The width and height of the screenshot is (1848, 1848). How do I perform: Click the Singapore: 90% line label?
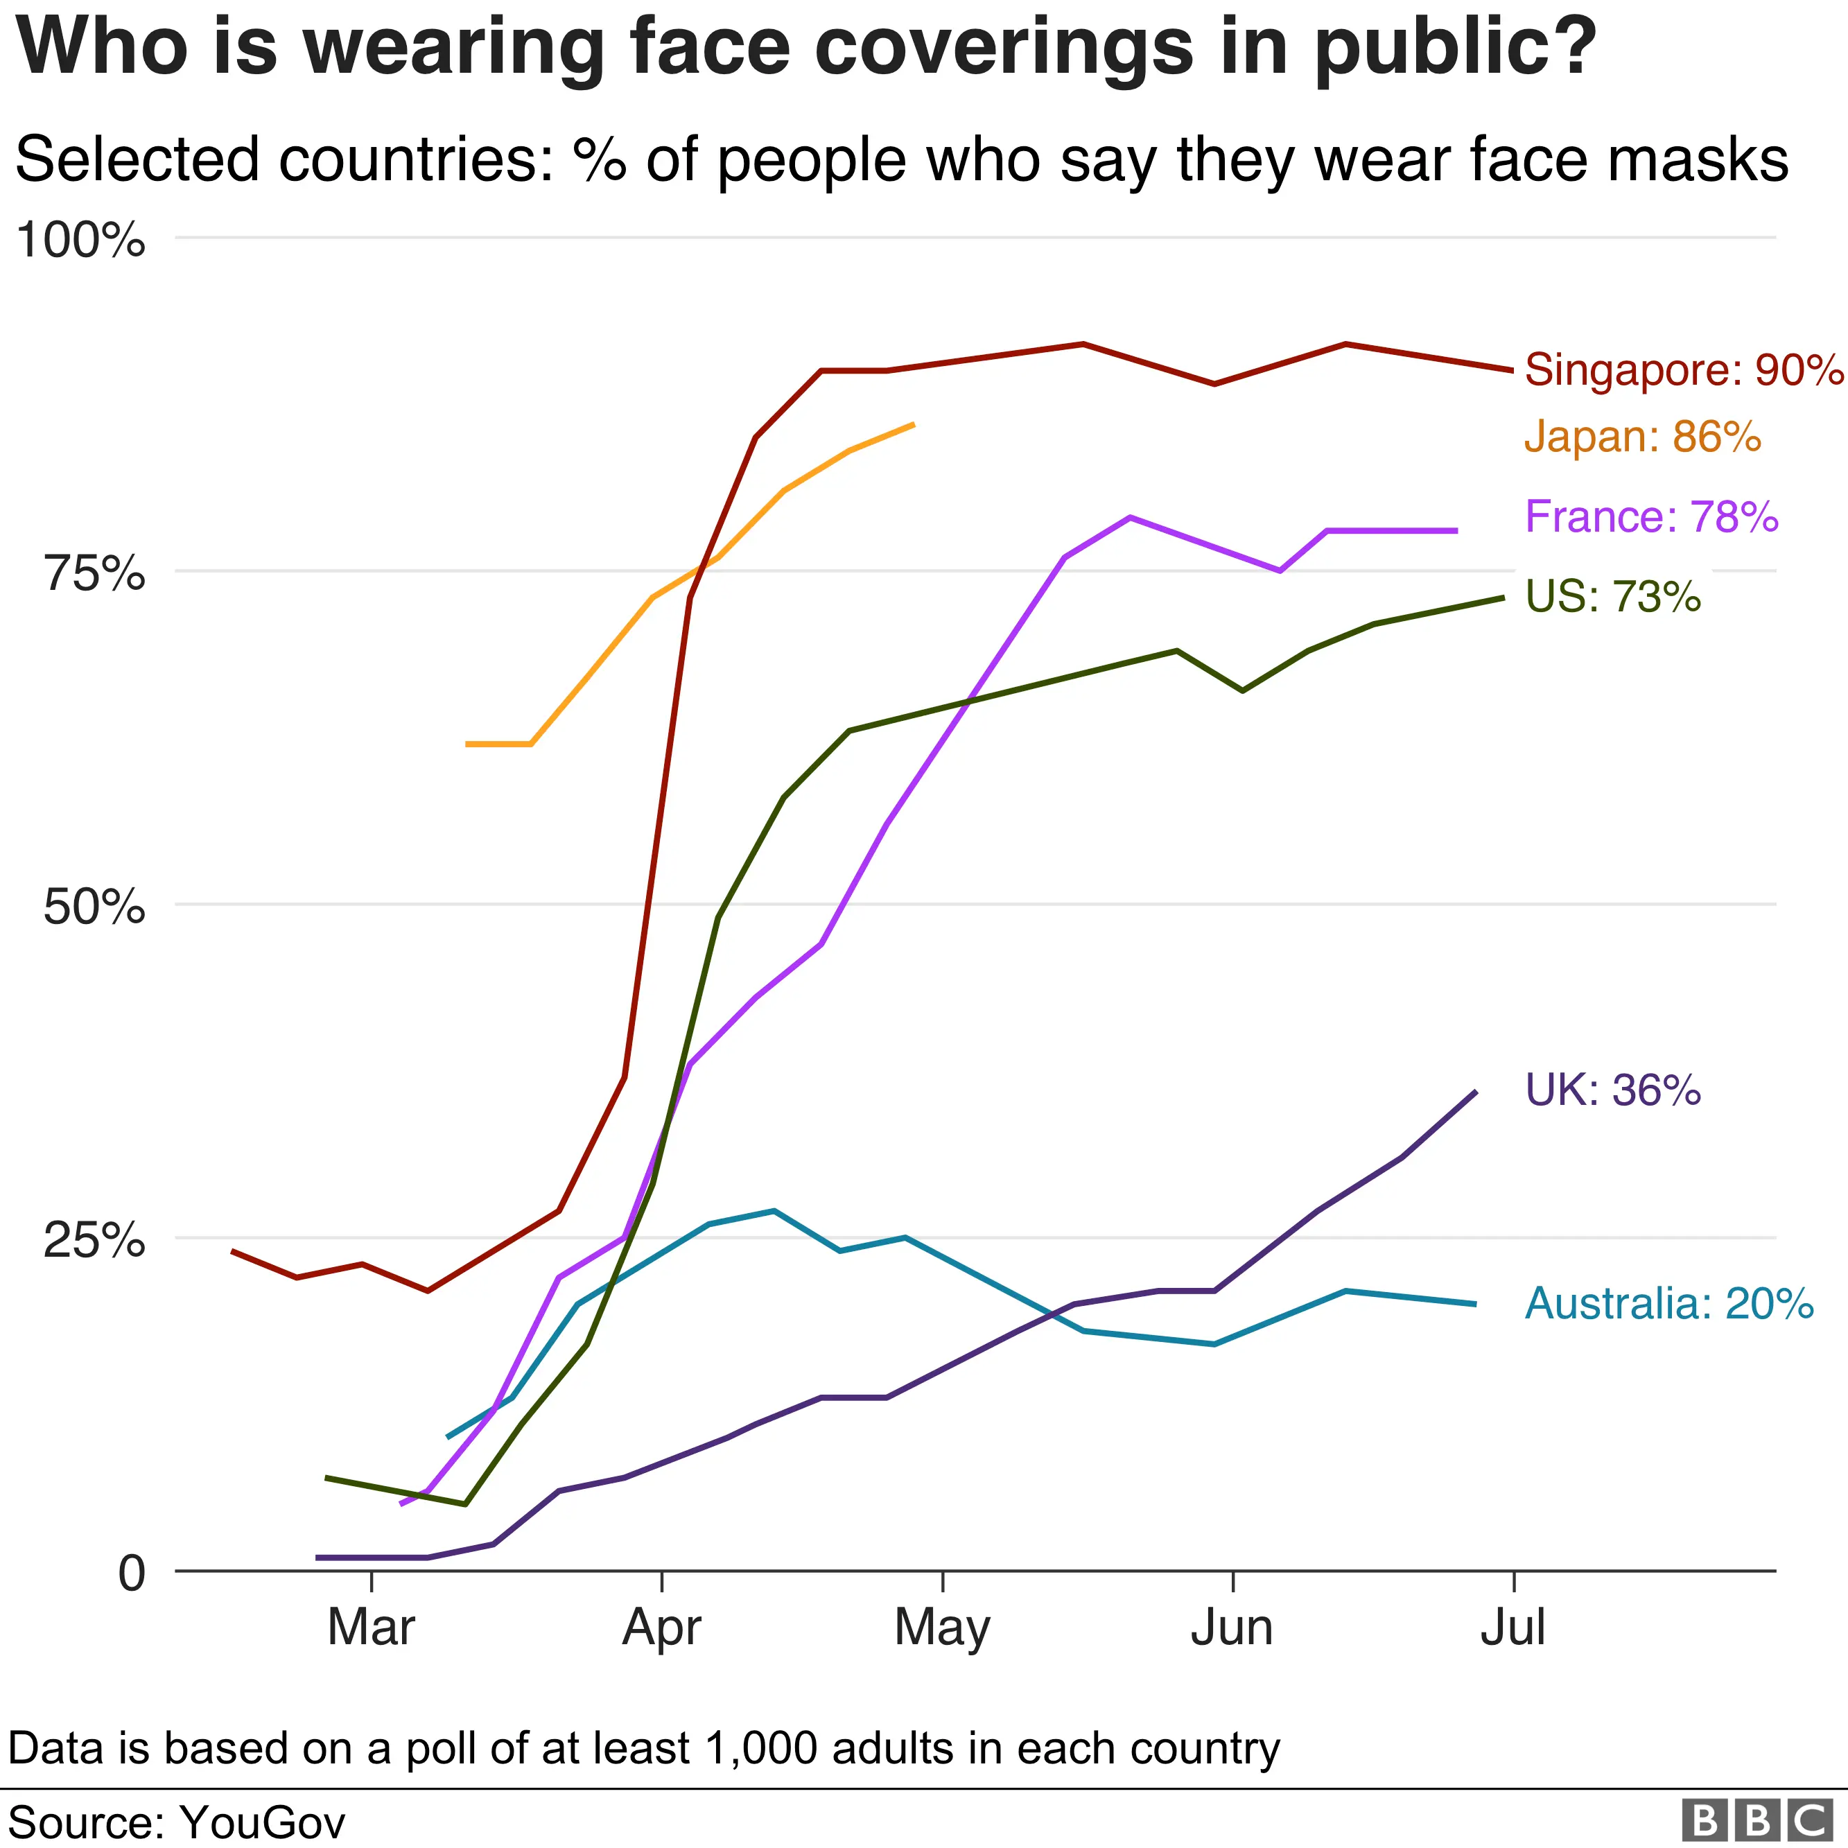point(1684,370)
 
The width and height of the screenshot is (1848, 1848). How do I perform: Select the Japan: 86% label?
point(1642,437)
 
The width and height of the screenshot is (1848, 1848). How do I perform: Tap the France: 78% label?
point(1651,518)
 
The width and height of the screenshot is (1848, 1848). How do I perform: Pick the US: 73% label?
point(1613,597)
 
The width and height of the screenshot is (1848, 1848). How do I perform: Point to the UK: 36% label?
point(1613,1090)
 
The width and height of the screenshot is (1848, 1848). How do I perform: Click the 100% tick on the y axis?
point(81,239)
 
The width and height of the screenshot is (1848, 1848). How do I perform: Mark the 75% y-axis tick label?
point(94,574)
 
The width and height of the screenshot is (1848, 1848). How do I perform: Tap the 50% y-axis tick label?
point(94,907)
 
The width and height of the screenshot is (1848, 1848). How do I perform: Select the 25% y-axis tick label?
point(94,1241)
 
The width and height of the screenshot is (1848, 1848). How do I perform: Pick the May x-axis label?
point(942,1629)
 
